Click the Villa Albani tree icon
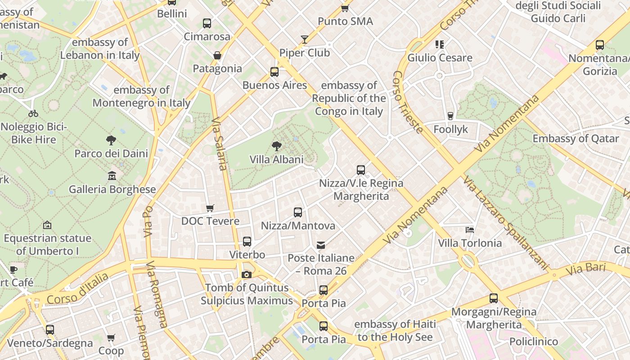tap(276, 146)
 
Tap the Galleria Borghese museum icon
tap(112, 176)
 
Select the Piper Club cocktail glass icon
tap(305, 40)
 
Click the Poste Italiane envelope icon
tap(321, 245)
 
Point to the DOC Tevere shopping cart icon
tap(210, 208)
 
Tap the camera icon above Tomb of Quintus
tap(246, 274)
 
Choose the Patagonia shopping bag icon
tap(217, 55)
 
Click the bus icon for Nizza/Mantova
tap(297, 212)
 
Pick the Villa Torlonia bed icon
tap(470, 230)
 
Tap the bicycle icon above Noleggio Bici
tap(33, 113)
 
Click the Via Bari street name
tap(585, 269)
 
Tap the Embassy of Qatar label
tap(576, 139)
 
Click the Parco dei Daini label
tap(111, 153)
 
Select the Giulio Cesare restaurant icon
tap(439, 45)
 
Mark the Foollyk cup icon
tap(450, 116)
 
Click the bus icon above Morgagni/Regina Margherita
tap(493, 298)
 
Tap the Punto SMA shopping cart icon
tap(345, 8)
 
